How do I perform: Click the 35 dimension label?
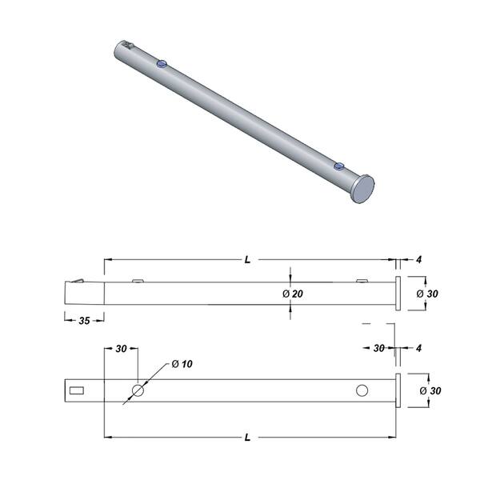click(x=84, y=321)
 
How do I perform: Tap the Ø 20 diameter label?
click(x=292, y=294)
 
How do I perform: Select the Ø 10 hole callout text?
click(x=182, y=364)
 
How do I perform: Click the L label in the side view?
click(x=247, y=260)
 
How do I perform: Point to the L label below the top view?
click(x=247, y=438)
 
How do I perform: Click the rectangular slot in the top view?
click(x=77, y=390)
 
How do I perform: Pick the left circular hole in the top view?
click(x=138, y=390)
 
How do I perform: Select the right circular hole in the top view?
click(x=362, y=390)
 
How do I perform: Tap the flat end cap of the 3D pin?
click(x=362, y=189)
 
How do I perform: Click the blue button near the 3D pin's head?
click(x=339, y=166)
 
